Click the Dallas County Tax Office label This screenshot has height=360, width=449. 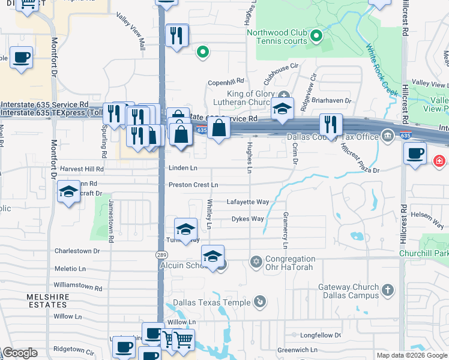tap(333, 137)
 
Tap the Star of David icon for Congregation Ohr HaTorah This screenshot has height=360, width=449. tap(256, 262)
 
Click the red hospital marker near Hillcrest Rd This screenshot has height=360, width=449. tap(439, 161)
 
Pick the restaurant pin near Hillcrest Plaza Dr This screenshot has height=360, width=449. tap(331, 125)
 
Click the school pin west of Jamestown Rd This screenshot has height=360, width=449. tap(69, 191)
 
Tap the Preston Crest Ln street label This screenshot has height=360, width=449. tap(193, 185)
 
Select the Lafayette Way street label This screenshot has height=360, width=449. tap(247, 202)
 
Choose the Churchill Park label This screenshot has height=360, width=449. tap(424, 253)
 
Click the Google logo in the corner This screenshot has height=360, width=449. tap(20, 353)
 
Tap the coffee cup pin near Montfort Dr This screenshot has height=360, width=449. tap(22, 58)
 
